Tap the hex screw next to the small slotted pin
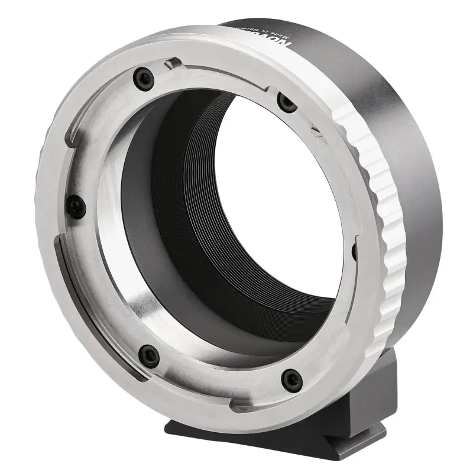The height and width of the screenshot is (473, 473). tap(287, 103)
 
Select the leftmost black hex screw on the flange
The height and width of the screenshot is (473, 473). tap(76, 206)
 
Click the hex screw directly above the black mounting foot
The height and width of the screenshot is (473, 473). tap(291, 379)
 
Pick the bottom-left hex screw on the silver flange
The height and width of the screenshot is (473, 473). tap(148, 355)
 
